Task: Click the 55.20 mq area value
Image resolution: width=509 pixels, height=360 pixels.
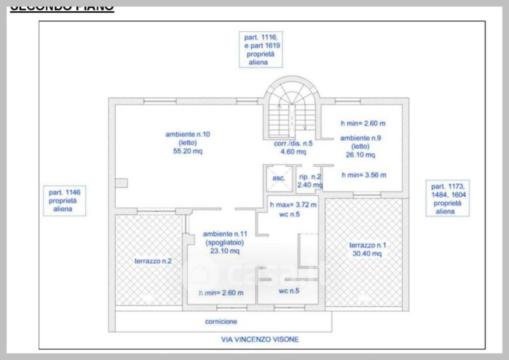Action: tap(184, 152)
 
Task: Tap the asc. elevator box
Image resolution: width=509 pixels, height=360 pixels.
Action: tap(278, 178)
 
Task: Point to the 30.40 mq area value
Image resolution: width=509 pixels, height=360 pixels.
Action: tap(365, 254)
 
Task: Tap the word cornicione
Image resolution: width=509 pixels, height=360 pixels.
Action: tap(221, 322)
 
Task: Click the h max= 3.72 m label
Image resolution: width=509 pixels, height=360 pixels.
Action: tap(293, 205)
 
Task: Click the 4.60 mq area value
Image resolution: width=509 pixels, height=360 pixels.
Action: tap(293, 152)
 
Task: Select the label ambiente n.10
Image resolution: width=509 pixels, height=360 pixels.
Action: tap(184, 134)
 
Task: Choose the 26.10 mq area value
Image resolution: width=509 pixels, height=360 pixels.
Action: tap(359, 155)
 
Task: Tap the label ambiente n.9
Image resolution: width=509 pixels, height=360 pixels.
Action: tap(361, 137)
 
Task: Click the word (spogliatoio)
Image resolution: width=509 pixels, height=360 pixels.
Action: tap(221, 243)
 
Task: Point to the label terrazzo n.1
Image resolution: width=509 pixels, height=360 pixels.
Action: tap(365, 246)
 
